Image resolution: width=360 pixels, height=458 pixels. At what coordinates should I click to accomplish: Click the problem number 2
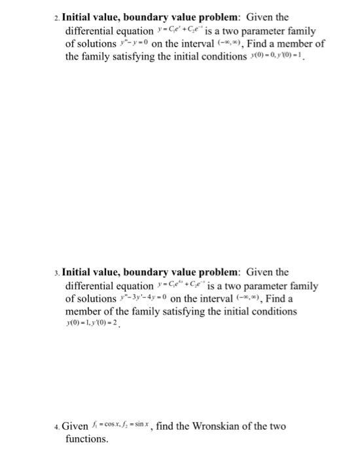[56, 17]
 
